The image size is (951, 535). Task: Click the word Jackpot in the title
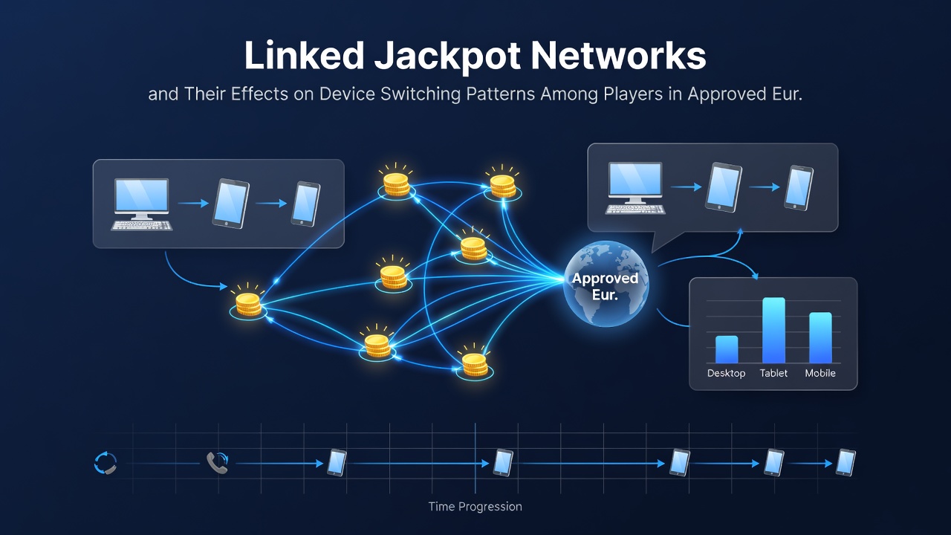click(x=447, y=56)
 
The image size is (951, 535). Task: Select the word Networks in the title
click(x=619, y=55)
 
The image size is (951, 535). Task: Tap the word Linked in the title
click(x=304, y=55)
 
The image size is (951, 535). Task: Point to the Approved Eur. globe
click(x=606, y=284)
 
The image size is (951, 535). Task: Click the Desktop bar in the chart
click(x=727, y=349)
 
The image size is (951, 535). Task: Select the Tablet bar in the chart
click(x=773, y=331)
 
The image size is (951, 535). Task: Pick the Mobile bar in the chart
click(x=820, y=337)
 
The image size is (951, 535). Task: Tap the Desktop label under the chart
click(x=726, y=373)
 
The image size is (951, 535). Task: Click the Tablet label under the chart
click(x=773, y=373)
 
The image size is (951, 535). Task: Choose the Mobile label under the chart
click(x=820, y=373)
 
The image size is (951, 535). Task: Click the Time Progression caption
click(x=475, y=507)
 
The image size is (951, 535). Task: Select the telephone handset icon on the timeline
click(x=218, y=462)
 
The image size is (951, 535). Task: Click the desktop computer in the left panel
click(x=141, y=204)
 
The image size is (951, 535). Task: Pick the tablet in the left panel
click(x=230, y=204)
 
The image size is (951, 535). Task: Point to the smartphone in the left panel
click(x=305, y=204)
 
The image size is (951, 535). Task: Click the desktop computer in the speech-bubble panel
click(x=635, y=188)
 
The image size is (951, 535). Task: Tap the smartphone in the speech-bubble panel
click(x=799, y=188)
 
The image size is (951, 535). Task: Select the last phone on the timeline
click(x=845, y=462)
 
